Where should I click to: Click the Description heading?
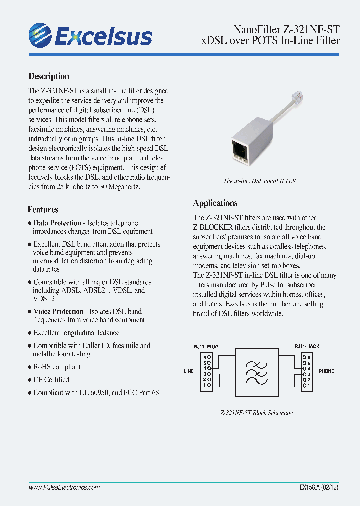[49, 76]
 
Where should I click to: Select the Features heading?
[43, 210]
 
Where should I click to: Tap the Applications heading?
[215, 203]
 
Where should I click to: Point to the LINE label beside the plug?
[188, 371]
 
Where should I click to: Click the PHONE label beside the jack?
[326, 371]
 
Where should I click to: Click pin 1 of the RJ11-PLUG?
[206, 386]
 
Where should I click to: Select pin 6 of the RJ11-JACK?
[307, 357]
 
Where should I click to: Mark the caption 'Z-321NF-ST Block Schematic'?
[257, 413]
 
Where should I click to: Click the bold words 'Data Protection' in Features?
[57, 223]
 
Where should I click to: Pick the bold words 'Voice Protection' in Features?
[59, 311]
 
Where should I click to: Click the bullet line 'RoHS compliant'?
[57, 367]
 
